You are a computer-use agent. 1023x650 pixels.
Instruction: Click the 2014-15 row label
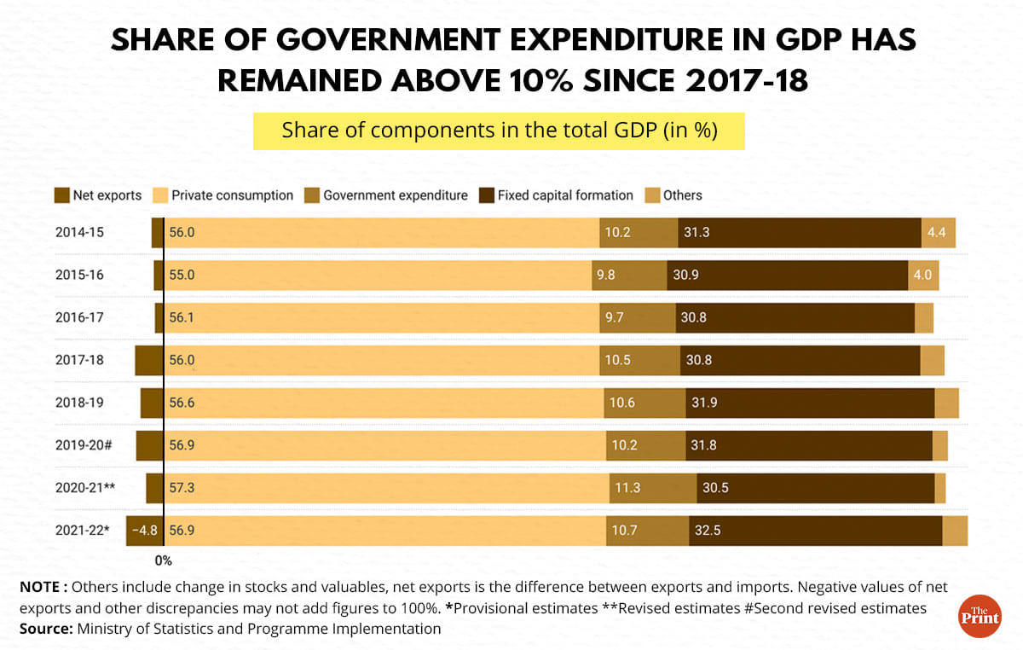click(79, 232)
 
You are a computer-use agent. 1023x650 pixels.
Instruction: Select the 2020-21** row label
click(86, 488)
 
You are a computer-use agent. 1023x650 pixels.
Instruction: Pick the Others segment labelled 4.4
click(938, 232)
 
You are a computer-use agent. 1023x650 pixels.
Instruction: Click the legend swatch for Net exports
click(61, 195)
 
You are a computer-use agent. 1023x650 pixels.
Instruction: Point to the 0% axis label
click(163, 561)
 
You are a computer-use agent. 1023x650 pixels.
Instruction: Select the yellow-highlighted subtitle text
click(499, 131)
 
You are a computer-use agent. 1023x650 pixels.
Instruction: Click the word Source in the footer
click(45, 630)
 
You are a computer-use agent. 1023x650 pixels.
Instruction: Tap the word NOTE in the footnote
click(39, 587)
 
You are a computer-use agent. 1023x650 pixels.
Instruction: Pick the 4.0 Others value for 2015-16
click(923, 275)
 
